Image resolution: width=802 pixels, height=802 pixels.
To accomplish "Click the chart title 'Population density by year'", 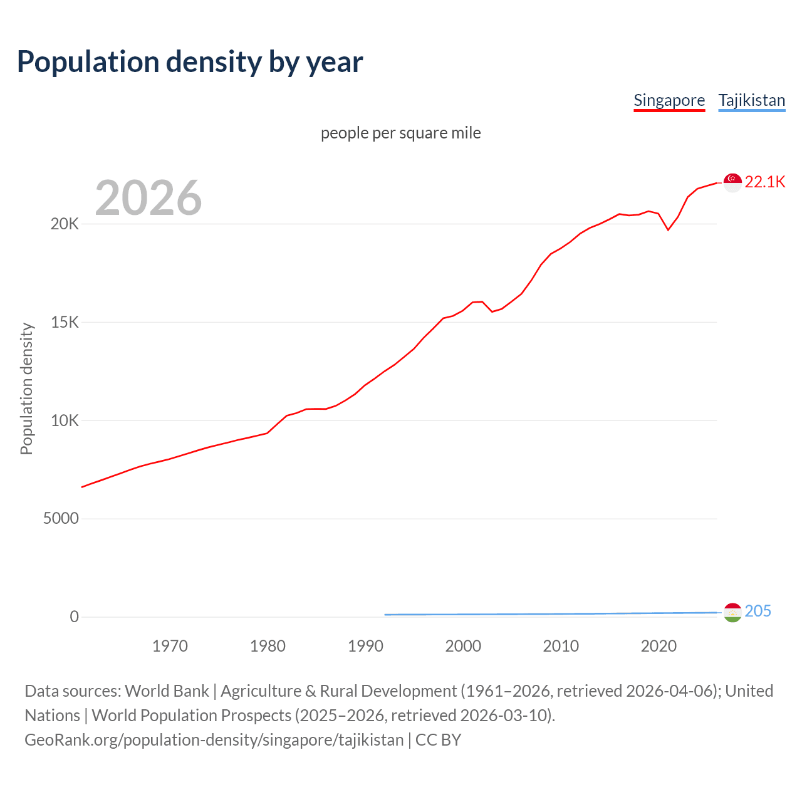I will (190, 62).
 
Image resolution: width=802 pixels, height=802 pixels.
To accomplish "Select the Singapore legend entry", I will (669, 100).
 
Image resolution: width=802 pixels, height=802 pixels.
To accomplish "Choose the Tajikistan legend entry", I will (751, 100).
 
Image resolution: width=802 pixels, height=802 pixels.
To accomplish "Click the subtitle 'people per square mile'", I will (401, 133).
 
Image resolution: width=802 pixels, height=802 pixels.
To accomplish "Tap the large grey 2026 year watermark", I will (148, 198).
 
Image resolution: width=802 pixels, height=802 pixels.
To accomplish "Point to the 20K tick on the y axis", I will (65, 224).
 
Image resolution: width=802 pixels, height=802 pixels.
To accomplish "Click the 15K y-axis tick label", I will (65, 323).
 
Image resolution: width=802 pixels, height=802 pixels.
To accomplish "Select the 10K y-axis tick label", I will (65, 420).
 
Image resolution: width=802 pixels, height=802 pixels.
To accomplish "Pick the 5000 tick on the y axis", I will (61, 519).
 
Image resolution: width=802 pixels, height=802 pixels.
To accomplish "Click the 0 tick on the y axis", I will (75, 617).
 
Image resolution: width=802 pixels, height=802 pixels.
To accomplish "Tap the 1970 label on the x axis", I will (170, 646).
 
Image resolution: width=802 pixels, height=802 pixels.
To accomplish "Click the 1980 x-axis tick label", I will (268, 646).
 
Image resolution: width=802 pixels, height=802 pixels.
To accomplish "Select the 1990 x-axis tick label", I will (365, 646).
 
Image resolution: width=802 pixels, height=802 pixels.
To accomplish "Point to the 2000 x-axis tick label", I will (463, 646).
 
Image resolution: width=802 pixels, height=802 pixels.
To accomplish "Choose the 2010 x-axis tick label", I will (561, 646).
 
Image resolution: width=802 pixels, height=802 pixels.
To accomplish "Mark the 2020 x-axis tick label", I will (659, 646).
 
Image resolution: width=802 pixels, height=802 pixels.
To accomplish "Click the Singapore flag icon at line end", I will (732, 182).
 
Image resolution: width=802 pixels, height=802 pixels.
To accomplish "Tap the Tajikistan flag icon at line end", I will (732, 612).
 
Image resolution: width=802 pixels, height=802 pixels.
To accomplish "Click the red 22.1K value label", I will (765, 182).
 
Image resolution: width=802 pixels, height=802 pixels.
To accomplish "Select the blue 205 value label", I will (758, 612).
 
